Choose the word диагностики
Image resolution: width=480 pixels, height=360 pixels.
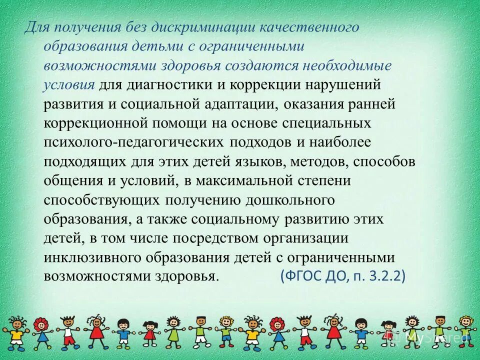(x=169, y=84)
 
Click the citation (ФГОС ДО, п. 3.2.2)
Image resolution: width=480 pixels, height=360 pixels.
(x=342, y=275)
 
